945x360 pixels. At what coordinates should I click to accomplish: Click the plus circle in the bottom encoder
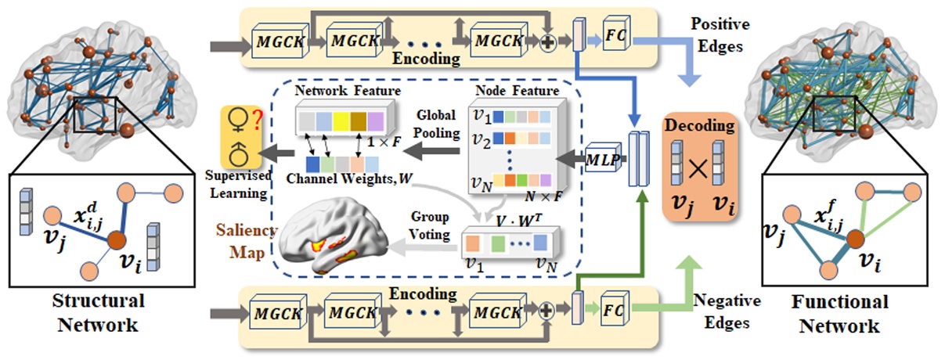[548, 304]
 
